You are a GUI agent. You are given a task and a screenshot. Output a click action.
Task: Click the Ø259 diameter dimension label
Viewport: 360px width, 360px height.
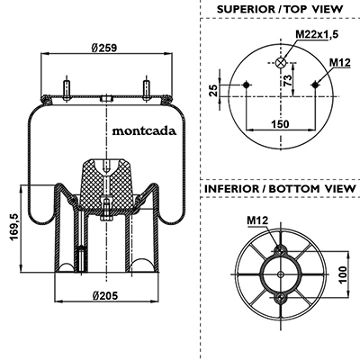104,48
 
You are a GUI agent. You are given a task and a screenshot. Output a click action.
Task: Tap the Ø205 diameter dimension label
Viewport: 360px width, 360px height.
105,296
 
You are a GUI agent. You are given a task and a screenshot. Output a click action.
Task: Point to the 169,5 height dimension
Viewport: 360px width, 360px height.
14,227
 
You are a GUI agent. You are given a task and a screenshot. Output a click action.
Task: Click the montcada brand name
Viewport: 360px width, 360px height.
144,131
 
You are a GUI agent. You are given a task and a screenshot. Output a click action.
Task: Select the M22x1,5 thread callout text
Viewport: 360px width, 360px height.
317,34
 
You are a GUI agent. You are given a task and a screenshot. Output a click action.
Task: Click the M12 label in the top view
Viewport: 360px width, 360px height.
340,63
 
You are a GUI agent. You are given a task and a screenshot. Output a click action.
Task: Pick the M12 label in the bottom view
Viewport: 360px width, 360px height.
257,220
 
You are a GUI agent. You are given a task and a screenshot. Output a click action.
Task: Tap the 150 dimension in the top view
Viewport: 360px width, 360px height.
280,123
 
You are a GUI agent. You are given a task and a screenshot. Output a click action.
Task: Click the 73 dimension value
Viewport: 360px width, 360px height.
287,81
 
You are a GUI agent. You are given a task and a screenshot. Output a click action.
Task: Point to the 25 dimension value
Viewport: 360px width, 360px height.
213,91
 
